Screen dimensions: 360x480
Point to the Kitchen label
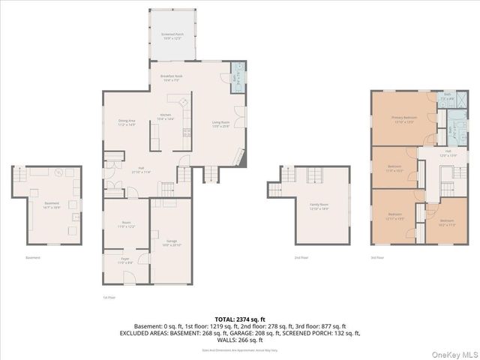165,117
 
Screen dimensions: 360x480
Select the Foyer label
126,262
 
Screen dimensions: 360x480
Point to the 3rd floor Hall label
448,154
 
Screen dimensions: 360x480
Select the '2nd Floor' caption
301,257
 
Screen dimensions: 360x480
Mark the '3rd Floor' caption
377,257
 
